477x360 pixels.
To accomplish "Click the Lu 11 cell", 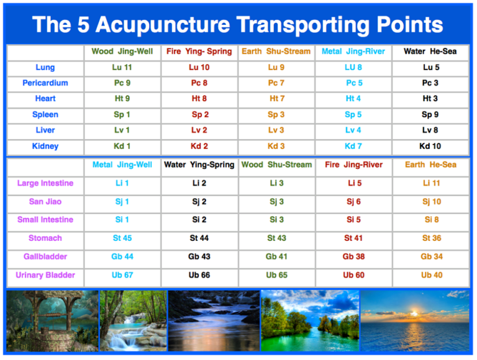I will tap(122, 67).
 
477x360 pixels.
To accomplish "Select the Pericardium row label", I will tap(45, 83).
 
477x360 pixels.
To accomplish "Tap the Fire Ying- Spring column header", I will tap(199, 52).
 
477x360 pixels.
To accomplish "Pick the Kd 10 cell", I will tap(430, 146).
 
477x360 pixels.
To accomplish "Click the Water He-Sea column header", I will tap(430, 52).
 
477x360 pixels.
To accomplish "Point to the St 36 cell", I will tap(431, 238).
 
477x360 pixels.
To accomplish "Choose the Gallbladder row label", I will tap(45, 257).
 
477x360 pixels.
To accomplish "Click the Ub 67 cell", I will tap(122, 275).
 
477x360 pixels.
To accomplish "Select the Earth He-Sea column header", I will tap(430, 165).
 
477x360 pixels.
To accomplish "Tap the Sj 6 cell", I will tap(353, 202).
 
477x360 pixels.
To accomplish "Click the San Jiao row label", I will tap(45, 202).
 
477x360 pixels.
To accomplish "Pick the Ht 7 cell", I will tap(276, 99).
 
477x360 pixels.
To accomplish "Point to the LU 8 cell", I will tap(353, 67).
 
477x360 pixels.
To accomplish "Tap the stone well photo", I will tap(52, 320).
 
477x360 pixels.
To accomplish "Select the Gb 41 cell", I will tap(276, 257).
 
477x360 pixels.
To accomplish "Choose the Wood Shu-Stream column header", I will tap(276, 165).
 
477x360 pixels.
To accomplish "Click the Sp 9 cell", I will tap(430, 115).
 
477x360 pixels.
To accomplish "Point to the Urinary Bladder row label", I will tap(45, 275).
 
